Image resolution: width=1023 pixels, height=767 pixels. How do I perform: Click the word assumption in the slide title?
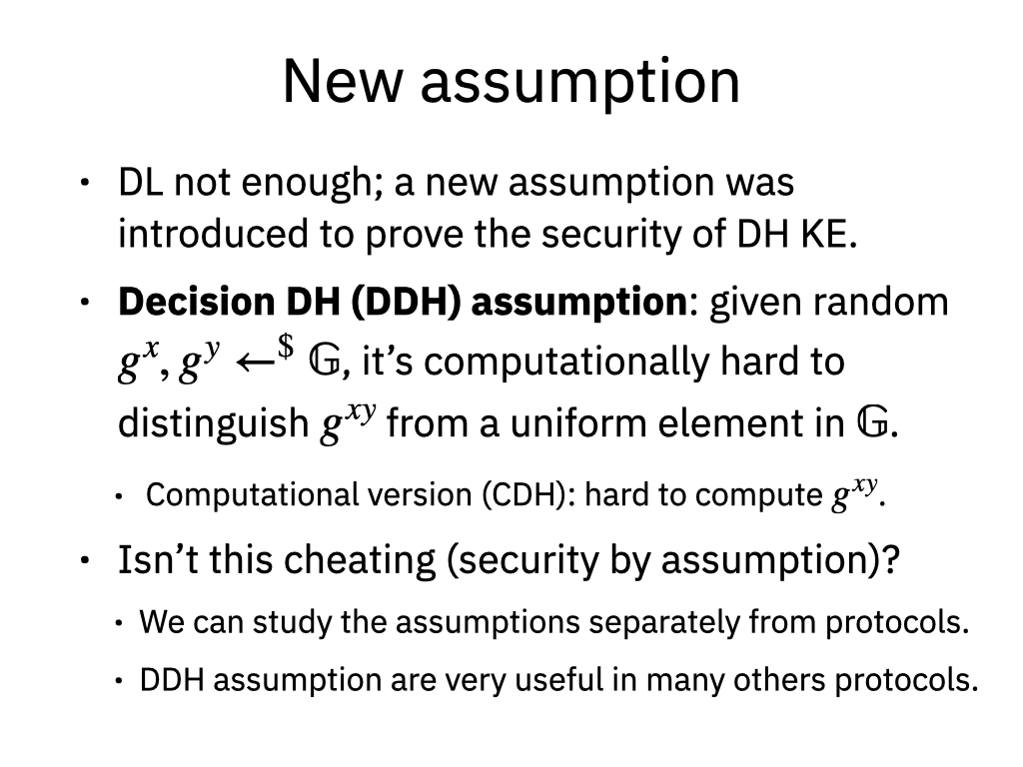(x=580, y=84)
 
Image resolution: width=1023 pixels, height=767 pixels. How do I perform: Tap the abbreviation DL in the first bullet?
(x=140, y=182)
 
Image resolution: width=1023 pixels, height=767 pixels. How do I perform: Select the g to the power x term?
(x=138, y=361)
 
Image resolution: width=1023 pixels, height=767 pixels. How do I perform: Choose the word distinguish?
(x=214, y=423)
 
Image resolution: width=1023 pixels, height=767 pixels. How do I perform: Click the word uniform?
(x=579, y=423)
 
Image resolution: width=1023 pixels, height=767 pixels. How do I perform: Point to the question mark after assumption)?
(x=891, y=559)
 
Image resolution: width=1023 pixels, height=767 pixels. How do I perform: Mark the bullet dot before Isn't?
(x=84, y=560)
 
